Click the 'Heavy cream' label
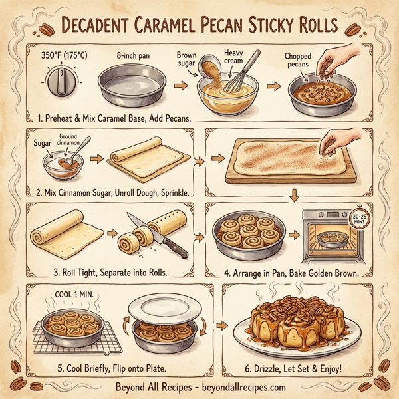click(234, 57)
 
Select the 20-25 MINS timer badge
click(360, 221)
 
